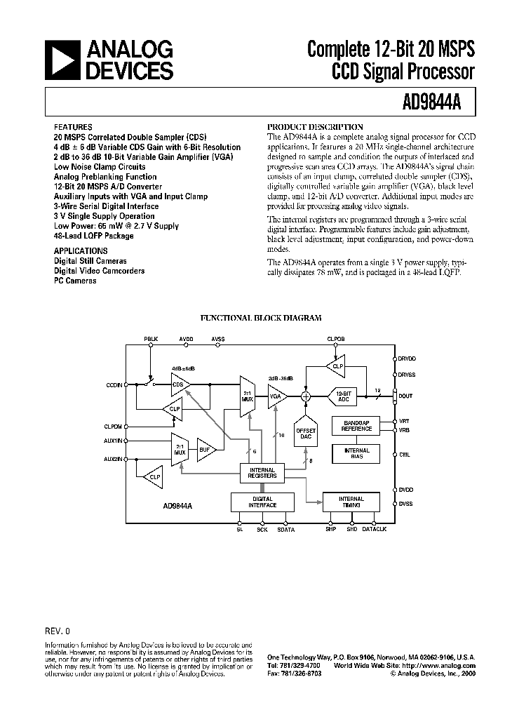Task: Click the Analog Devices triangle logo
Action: click(x=63, y=61)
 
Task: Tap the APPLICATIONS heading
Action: click(x=81, y=250)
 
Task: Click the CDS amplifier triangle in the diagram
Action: click(x=180, y=384)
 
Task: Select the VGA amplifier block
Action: click(x=276, y=396)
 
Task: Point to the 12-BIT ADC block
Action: click(x=343, y=396)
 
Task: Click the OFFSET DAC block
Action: click(x=306, y=433)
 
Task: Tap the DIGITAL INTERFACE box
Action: click(x=262, y=502)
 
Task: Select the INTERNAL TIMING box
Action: click(x=351, y=501)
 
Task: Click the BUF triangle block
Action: click(x=206, y=449)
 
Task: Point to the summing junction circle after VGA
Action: click(x=306, y=396)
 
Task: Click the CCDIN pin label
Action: click(x=114, y=384)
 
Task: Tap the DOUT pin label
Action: click(x=405, y=396)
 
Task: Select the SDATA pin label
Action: click(x=286, y=530)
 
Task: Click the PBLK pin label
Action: click(x=151, y=338)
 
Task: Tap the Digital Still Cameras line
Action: click(x=90, y=260)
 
